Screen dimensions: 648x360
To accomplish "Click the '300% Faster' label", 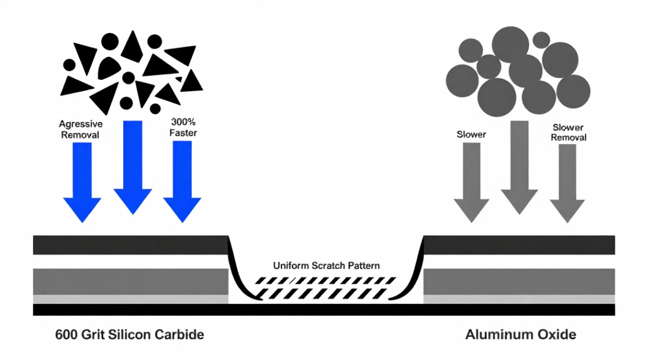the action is click(183, 127).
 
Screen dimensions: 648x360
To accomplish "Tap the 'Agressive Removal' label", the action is click(81, 129).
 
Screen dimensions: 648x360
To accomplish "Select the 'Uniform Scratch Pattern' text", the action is click(326, 265).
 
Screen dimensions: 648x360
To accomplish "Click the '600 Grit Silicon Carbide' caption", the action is click(130, 334).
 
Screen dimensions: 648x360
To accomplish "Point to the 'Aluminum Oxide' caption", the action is click(521, 334).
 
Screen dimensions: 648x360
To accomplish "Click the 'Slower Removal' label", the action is click(568, 132).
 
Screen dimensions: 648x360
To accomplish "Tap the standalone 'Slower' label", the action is click(471, 134).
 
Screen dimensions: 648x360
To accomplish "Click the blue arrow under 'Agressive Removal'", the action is click(82, 182).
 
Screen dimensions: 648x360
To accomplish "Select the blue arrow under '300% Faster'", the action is click(182, 181).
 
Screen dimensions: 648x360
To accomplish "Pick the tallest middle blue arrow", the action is click(133, 168).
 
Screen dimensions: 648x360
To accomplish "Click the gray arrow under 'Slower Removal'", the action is click(567, 184).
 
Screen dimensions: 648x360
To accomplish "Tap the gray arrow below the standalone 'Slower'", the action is click(471, 182).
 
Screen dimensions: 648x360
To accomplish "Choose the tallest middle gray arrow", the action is click(519, 168).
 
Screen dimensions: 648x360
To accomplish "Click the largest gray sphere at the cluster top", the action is click(511, 44).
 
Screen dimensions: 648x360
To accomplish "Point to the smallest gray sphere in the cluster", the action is click(541, 40).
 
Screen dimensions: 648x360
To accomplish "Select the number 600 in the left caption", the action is click(66, 335).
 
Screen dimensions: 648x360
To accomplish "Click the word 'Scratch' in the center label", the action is click(328, 265).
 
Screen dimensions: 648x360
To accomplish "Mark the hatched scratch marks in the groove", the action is click(325, 288).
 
